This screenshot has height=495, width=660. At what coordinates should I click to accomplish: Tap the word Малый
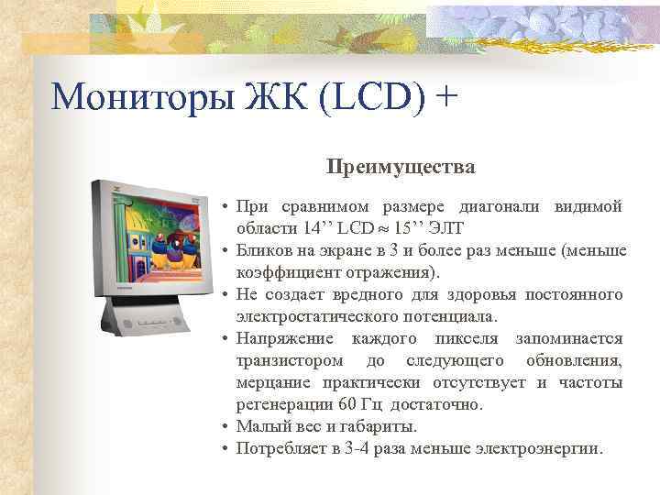[x=258, y=427]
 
